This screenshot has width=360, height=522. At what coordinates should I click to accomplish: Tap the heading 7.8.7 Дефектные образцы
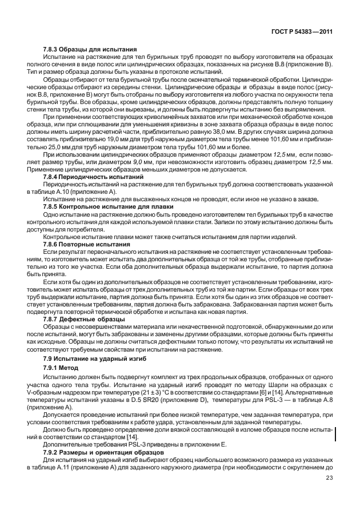pyautogui.click(x=85, y=319)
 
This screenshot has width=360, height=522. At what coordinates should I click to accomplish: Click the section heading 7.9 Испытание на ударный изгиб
pyautogui.click(x=94, y=358)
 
